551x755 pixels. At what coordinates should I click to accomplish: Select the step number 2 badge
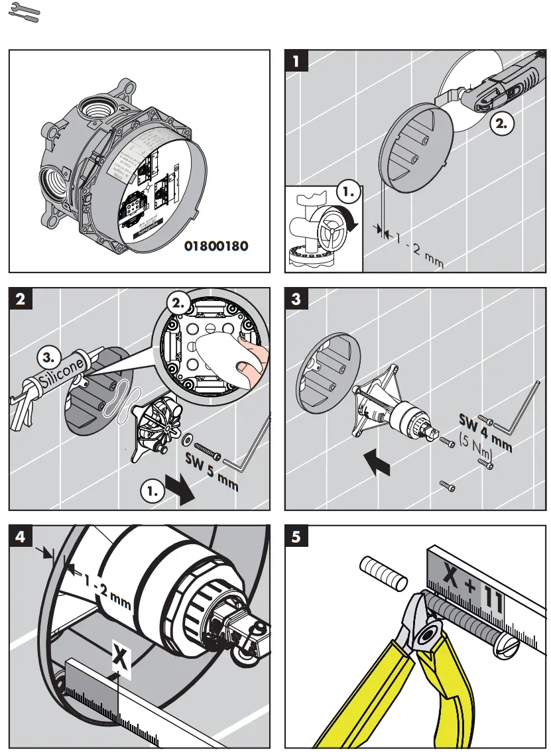[x=20, y=299]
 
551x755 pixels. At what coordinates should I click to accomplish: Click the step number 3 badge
[x=296, y=299]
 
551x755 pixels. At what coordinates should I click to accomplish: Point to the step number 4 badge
[x=20, y=536]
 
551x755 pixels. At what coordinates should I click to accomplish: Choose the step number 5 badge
[x=296, y=536]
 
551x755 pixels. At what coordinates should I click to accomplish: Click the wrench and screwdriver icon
[x=23, y=13]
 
